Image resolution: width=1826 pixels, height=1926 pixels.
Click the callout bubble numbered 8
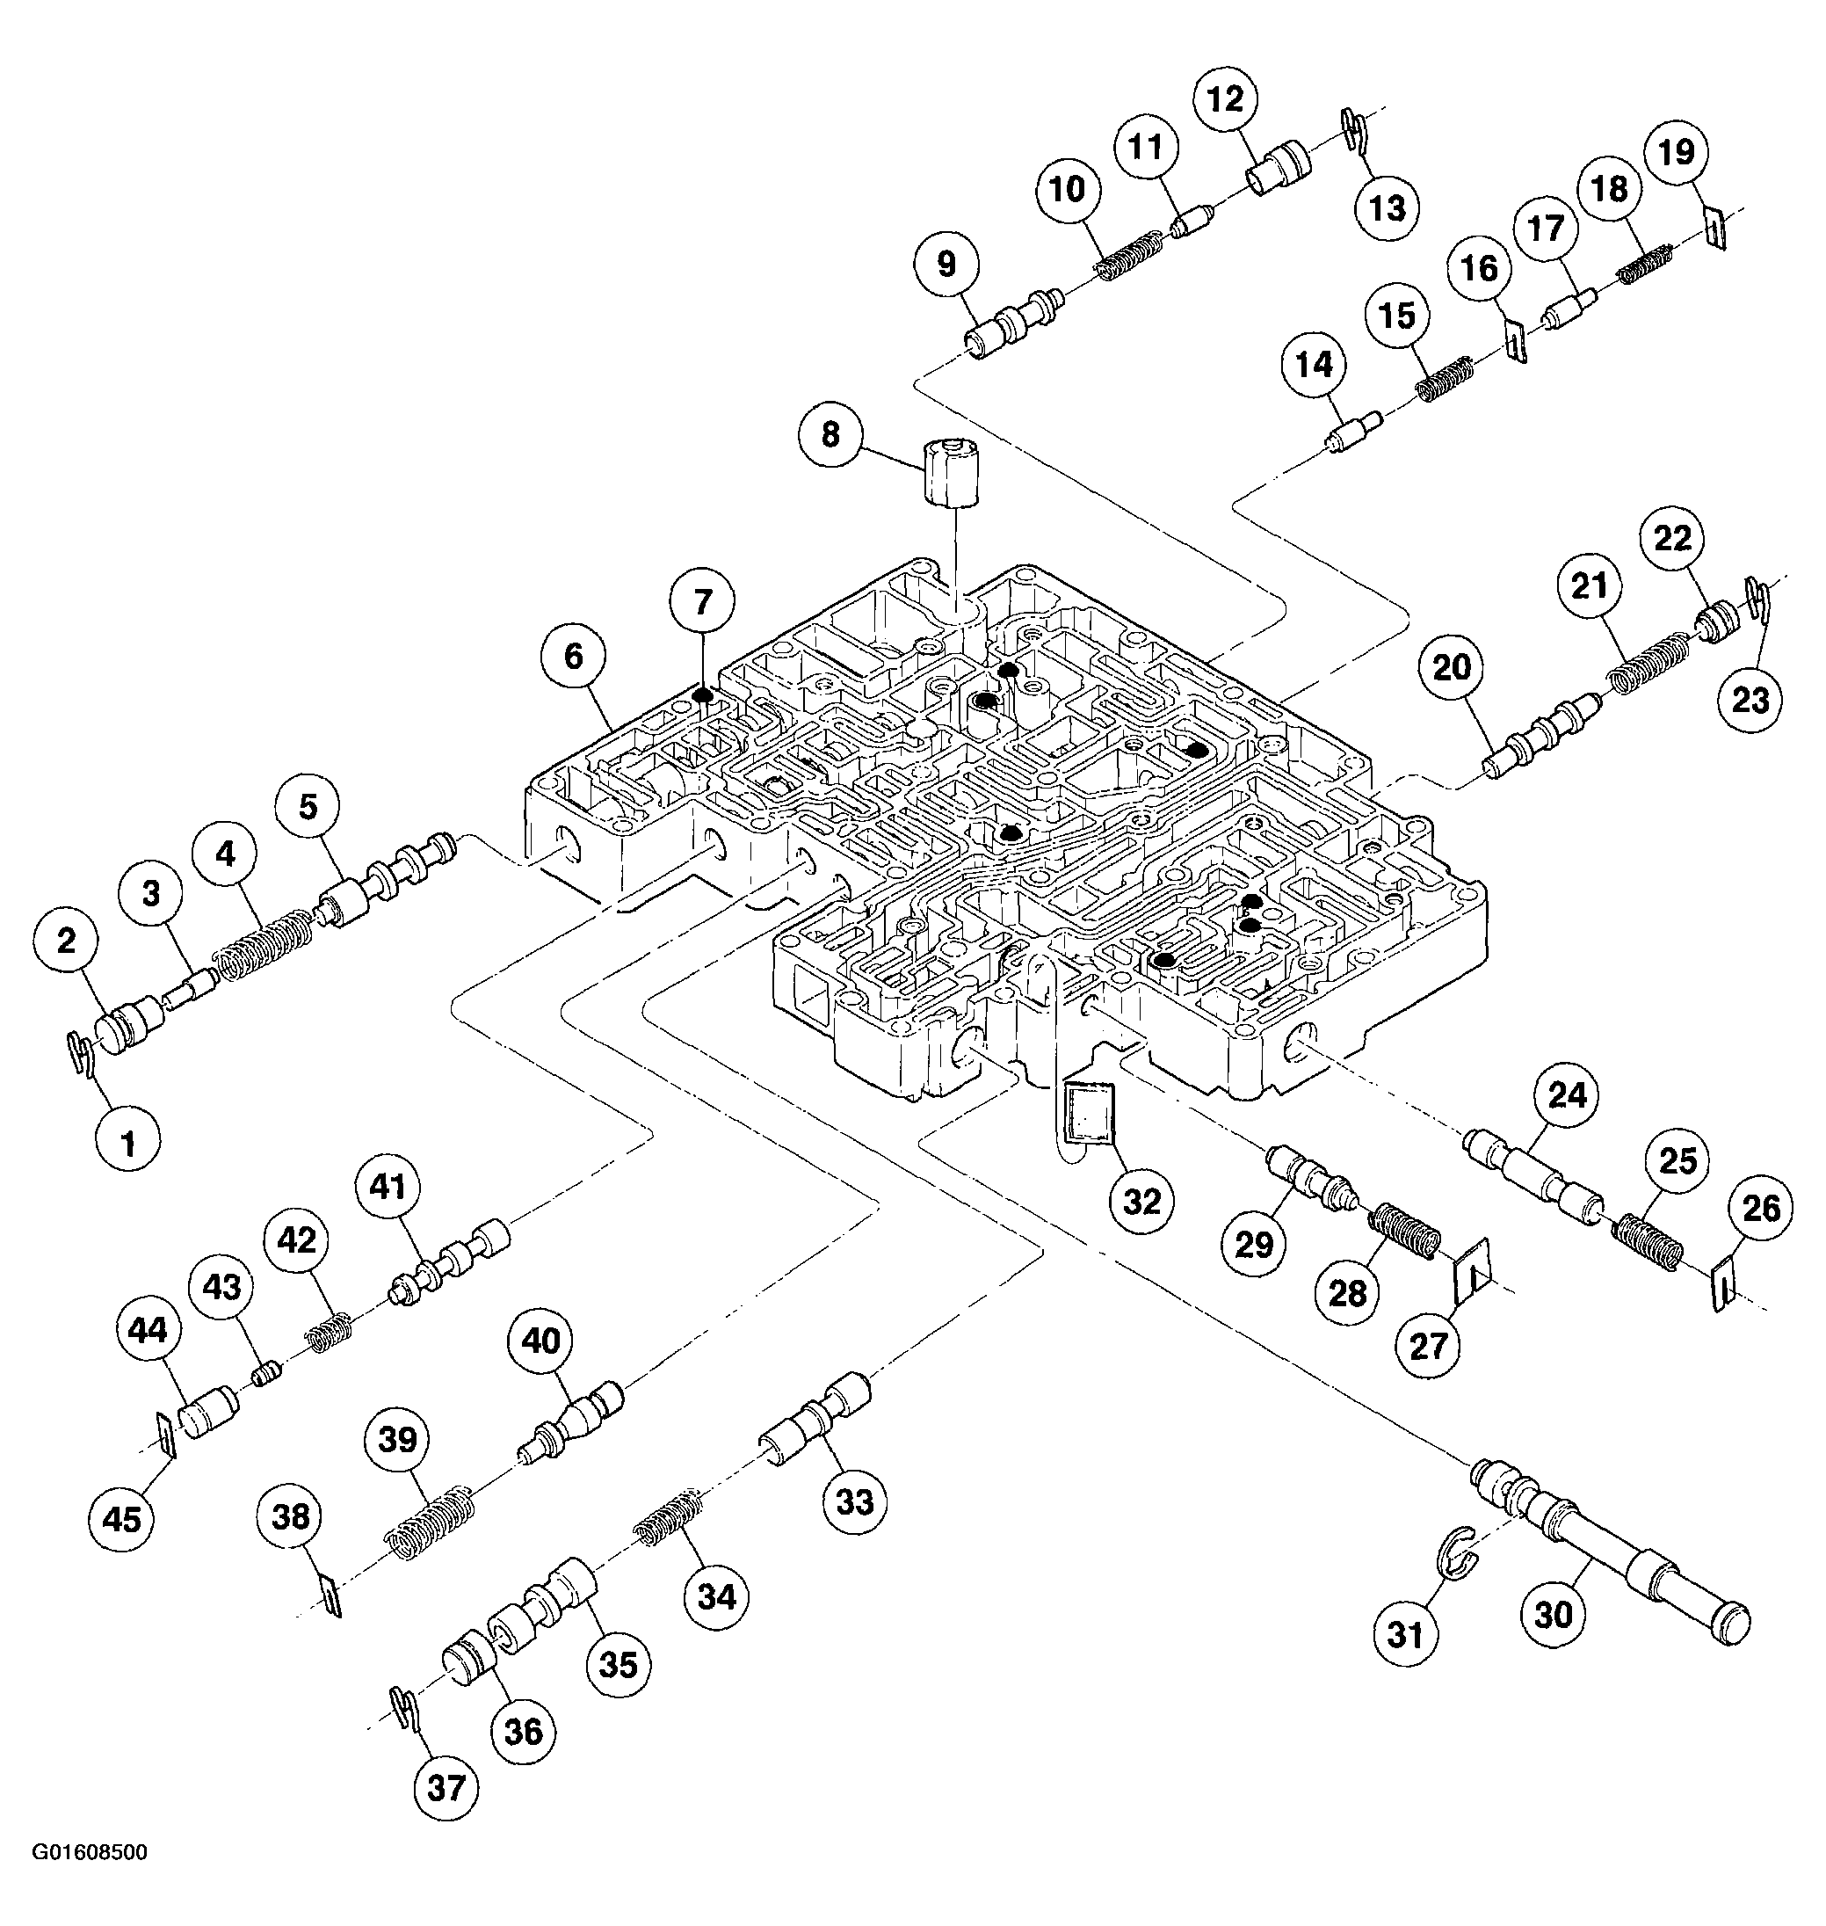click(830, 434)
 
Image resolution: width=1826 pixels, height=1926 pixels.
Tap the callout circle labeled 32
click(1141, 1202)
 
